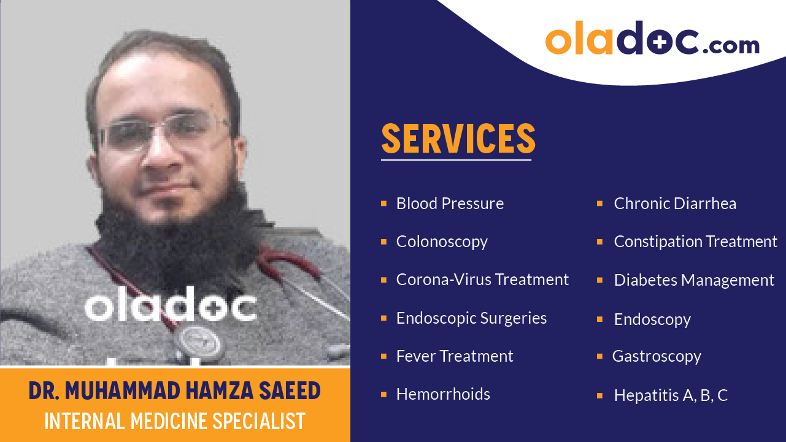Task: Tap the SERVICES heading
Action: pos(458,139)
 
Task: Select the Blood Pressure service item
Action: pos(450,204)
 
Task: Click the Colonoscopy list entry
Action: pos(442,242)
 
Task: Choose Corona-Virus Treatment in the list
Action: pos(482,280)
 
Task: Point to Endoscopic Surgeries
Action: pos(471,318)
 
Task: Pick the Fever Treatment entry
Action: pos(455,356)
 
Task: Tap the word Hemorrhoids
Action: pos(443,394)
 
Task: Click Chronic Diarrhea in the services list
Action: pos(675,204)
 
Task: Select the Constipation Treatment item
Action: pos(695,242)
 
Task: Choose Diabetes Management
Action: pos(694,280)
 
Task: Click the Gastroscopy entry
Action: pos(657,356)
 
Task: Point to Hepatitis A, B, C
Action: pos(671,395)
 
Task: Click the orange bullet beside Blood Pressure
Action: pos(383,203)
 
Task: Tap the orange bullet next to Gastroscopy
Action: pos(600,356)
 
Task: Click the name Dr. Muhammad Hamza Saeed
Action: pos(174,391)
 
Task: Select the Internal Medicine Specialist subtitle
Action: pos(174,421)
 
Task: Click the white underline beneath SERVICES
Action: pos(456,160)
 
